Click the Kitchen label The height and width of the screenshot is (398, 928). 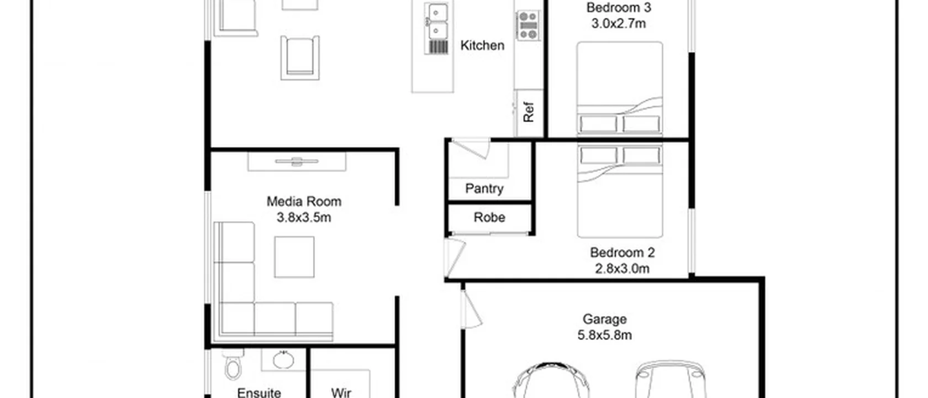point(482,45)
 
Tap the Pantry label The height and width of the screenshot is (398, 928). point(484,188)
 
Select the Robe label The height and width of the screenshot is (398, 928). point(489,217)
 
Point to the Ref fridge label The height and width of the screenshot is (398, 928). point(529,112)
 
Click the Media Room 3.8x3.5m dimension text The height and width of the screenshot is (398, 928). point(304,217)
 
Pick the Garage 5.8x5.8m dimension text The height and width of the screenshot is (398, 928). point(604,335)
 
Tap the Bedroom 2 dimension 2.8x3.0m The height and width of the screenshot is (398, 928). point(622,269)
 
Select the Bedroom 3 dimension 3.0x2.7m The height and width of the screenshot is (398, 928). point(619,23)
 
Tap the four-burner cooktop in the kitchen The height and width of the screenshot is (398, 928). point(528,25)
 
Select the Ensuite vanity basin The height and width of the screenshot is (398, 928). point(284,359)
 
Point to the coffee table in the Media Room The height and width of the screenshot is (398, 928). point(294,257)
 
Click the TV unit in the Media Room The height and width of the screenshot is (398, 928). point(297,162)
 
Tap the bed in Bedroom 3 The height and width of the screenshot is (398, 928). point(619,88)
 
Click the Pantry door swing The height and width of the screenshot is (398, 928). point(471,149)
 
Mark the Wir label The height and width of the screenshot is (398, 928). point(341,392)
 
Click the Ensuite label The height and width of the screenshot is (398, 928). point(259,392)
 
